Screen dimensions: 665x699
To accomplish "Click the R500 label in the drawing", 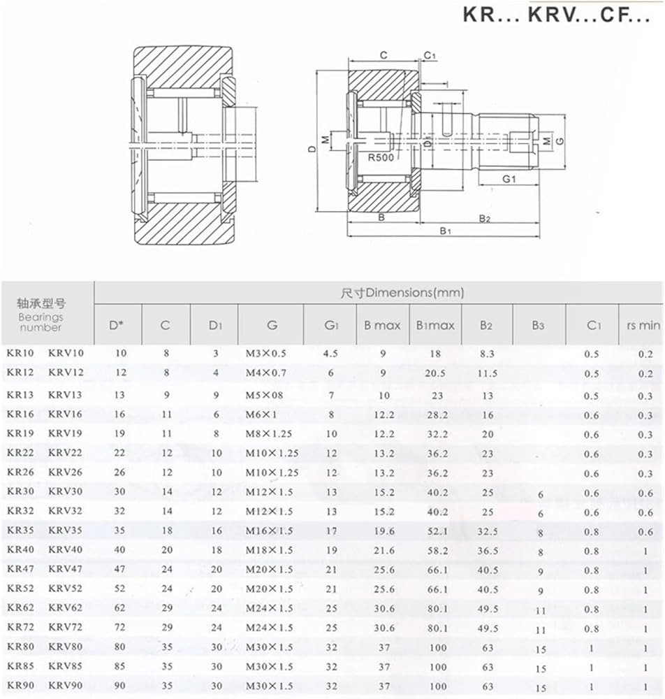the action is pos(381,157).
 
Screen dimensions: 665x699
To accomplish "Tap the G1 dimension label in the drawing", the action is pos(509,179).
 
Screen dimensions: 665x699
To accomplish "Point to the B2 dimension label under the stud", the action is pos(485,218).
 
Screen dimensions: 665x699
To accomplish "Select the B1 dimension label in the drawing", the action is pos(446,231).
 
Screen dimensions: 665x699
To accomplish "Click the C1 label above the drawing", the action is pos(430,55).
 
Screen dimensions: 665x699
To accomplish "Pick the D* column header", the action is pos(116,326).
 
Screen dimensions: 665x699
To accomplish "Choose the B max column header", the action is pos(382,326).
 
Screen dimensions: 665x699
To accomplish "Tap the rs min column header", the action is pos(643,326).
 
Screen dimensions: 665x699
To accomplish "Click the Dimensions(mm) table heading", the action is pos(402,293).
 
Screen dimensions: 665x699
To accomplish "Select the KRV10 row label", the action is pos(66,353).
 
